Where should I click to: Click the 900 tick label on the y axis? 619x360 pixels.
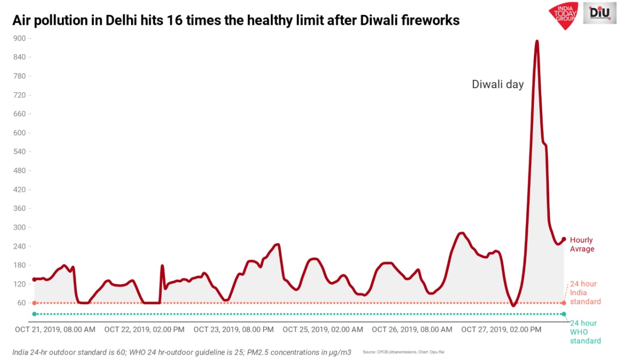19,38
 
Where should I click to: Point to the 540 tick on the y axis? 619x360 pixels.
19,152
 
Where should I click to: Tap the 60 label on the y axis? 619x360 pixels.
21,303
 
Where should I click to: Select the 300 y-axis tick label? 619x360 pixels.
19,227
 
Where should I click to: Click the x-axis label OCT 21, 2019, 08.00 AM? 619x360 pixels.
55,329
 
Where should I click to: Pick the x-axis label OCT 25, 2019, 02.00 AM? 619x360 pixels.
322,329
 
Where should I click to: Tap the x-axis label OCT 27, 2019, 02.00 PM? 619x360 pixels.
501,329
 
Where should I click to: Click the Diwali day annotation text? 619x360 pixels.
498,85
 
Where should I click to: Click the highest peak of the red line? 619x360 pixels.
537,41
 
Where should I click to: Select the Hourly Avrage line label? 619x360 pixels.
582,244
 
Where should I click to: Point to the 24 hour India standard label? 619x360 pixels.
585,293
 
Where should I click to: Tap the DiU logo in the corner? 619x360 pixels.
600,13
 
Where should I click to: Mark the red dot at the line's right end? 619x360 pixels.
564,239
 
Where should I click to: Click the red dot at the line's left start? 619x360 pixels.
34,280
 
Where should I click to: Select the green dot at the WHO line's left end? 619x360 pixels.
34,314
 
